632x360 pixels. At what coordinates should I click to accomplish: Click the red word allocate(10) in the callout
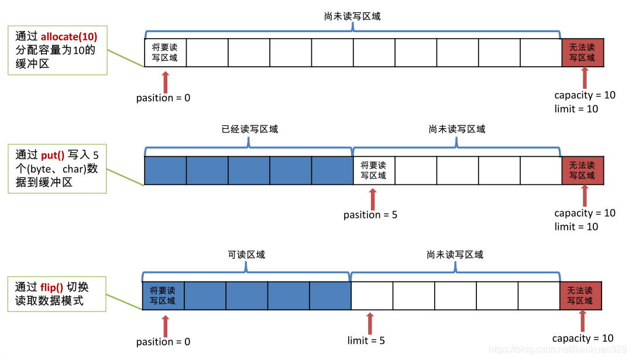[69, 36]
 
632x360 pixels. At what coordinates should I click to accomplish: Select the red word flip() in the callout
[51, 287]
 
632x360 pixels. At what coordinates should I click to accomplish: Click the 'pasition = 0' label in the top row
[163, 98]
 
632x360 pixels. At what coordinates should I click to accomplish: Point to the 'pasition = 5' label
[370, 215]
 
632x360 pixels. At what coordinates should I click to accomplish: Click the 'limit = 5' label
[366, 341]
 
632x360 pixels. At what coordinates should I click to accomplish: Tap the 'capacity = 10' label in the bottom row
[583, 338]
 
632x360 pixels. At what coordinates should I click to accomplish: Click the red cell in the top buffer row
[582, 53]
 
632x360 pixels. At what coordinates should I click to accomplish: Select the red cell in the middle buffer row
[582, 170]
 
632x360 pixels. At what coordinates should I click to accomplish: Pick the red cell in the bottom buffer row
[581, 296]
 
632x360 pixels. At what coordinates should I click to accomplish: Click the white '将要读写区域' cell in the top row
[165, 53]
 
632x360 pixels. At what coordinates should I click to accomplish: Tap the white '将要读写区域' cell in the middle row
[373, 170]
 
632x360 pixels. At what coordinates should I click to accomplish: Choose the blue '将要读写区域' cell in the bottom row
[163, 296]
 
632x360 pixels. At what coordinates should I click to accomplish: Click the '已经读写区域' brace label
[249, 129]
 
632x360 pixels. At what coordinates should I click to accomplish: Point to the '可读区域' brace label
[246, 255]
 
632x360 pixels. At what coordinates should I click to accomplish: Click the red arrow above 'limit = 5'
[369, 323]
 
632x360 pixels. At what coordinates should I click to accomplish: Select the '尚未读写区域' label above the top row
[352, 16]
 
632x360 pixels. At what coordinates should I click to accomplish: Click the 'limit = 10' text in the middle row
[576, 227]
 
